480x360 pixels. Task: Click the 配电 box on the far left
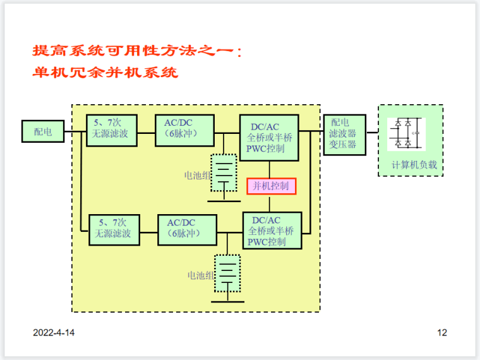(43, 131)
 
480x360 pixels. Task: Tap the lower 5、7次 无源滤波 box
(113, 229)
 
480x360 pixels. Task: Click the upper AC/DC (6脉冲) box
(184, 130)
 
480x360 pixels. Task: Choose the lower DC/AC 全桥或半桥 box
(272, 231)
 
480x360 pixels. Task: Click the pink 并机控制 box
(271, 186)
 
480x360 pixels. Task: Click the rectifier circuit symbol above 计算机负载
(406, 134)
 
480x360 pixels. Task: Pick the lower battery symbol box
(227, 273)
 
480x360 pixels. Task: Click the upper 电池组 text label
(196, 175)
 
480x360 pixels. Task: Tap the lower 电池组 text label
(201, 275)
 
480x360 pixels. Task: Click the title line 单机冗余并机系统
(105, 73)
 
